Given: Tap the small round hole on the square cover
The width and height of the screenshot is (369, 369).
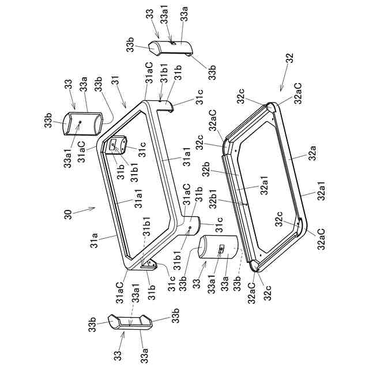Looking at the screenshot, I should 80,123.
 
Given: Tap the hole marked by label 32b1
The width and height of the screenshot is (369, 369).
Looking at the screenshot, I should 246,205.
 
